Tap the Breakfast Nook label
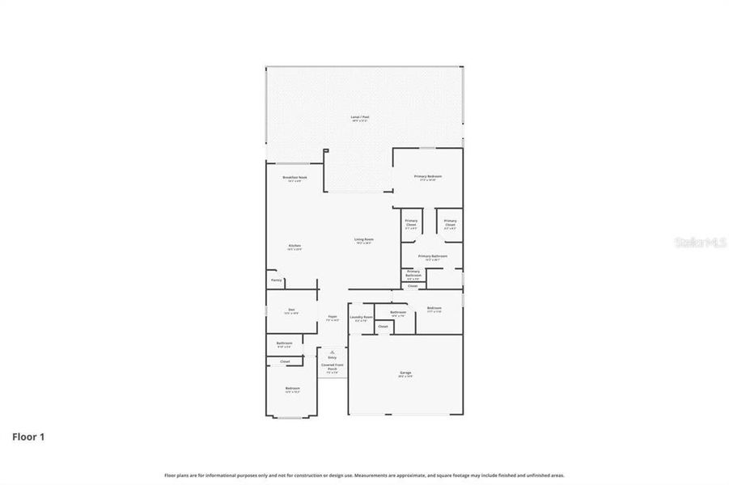pos(295,177)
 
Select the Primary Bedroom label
pos(427,176)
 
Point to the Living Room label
pos(363,240)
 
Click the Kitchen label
pos(295,246)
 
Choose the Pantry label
pos(277,280)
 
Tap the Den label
pos(290,310)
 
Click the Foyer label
pos(332,317)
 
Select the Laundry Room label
pos(361,318)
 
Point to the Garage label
pos(405,373)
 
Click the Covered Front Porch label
pos(332,367)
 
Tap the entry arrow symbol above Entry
pos(332,352)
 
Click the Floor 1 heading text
pos(28,436)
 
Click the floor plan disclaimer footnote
pos(364,475)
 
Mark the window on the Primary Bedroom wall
pos(427,148)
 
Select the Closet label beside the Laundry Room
pos(383,327)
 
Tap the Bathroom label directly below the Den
pos(284,343)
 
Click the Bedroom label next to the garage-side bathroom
pos(434,308)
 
